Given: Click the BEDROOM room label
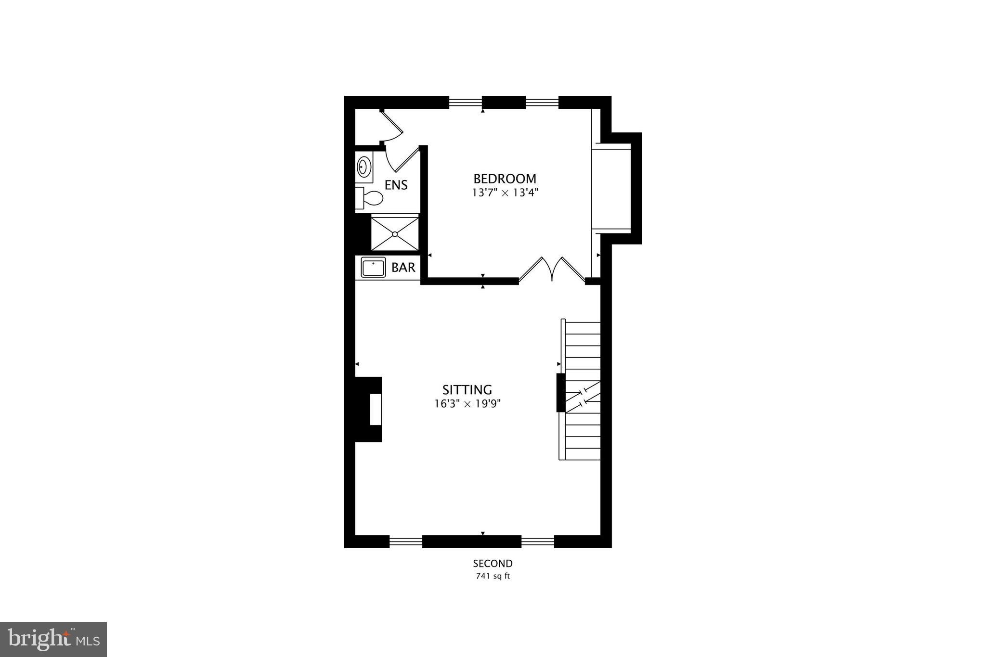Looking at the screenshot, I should [x=505, y=179].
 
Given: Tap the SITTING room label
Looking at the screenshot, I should [x=467, y=389].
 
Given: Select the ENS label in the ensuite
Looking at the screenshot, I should [x=396, y=185].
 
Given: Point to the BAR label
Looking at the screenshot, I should [x=403, y=268].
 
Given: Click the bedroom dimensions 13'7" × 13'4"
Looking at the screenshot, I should [x=505, y=193].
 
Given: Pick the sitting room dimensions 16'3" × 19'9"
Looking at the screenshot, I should [x=467, y=404].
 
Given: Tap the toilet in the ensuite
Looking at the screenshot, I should [x=370, y=198].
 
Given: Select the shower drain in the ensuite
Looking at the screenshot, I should [x=395, y=234].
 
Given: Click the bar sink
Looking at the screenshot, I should [x=374, y=268].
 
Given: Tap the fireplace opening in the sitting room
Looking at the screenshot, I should [x=376, y=409].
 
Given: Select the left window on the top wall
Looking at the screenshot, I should [x=465, y=102].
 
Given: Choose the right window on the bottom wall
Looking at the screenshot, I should [x=538, y=542].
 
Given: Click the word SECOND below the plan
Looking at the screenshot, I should [x=493, y=564].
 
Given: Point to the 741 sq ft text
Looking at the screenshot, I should [x=493, y=576].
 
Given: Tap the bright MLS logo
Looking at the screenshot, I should [x=54, y=639].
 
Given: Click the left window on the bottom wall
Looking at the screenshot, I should [x=405, y=542].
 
